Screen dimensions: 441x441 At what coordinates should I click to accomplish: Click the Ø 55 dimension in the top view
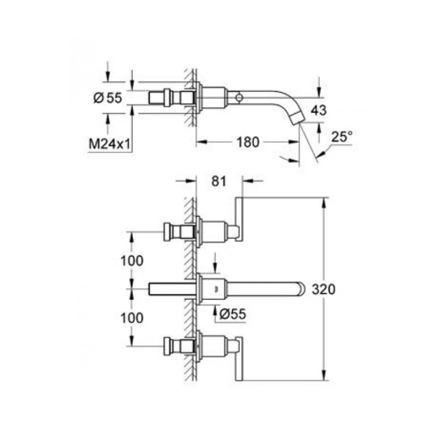pos(107,97)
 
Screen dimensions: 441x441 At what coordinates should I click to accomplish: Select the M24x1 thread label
pos(108,144)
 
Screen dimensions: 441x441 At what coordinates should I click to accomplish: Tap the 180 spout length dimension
pos(248,142)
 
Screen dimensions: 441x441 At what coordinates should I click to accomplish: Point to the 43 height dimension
pos(319,110)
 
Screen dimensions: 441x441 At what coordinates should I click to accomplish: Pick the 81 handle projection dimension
pos(218,181)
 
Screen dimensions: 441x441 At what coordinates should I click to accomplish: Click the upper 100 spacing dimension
pos(131,260)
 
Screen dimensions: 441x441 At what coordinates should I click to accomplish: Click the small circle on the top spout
pos(239,98)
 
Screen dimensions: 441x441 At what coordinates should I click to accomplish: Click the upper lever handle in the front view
pos(240,219)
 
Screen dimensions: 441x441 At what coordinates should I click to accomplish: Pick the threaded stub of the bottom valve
pos(175,346)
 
